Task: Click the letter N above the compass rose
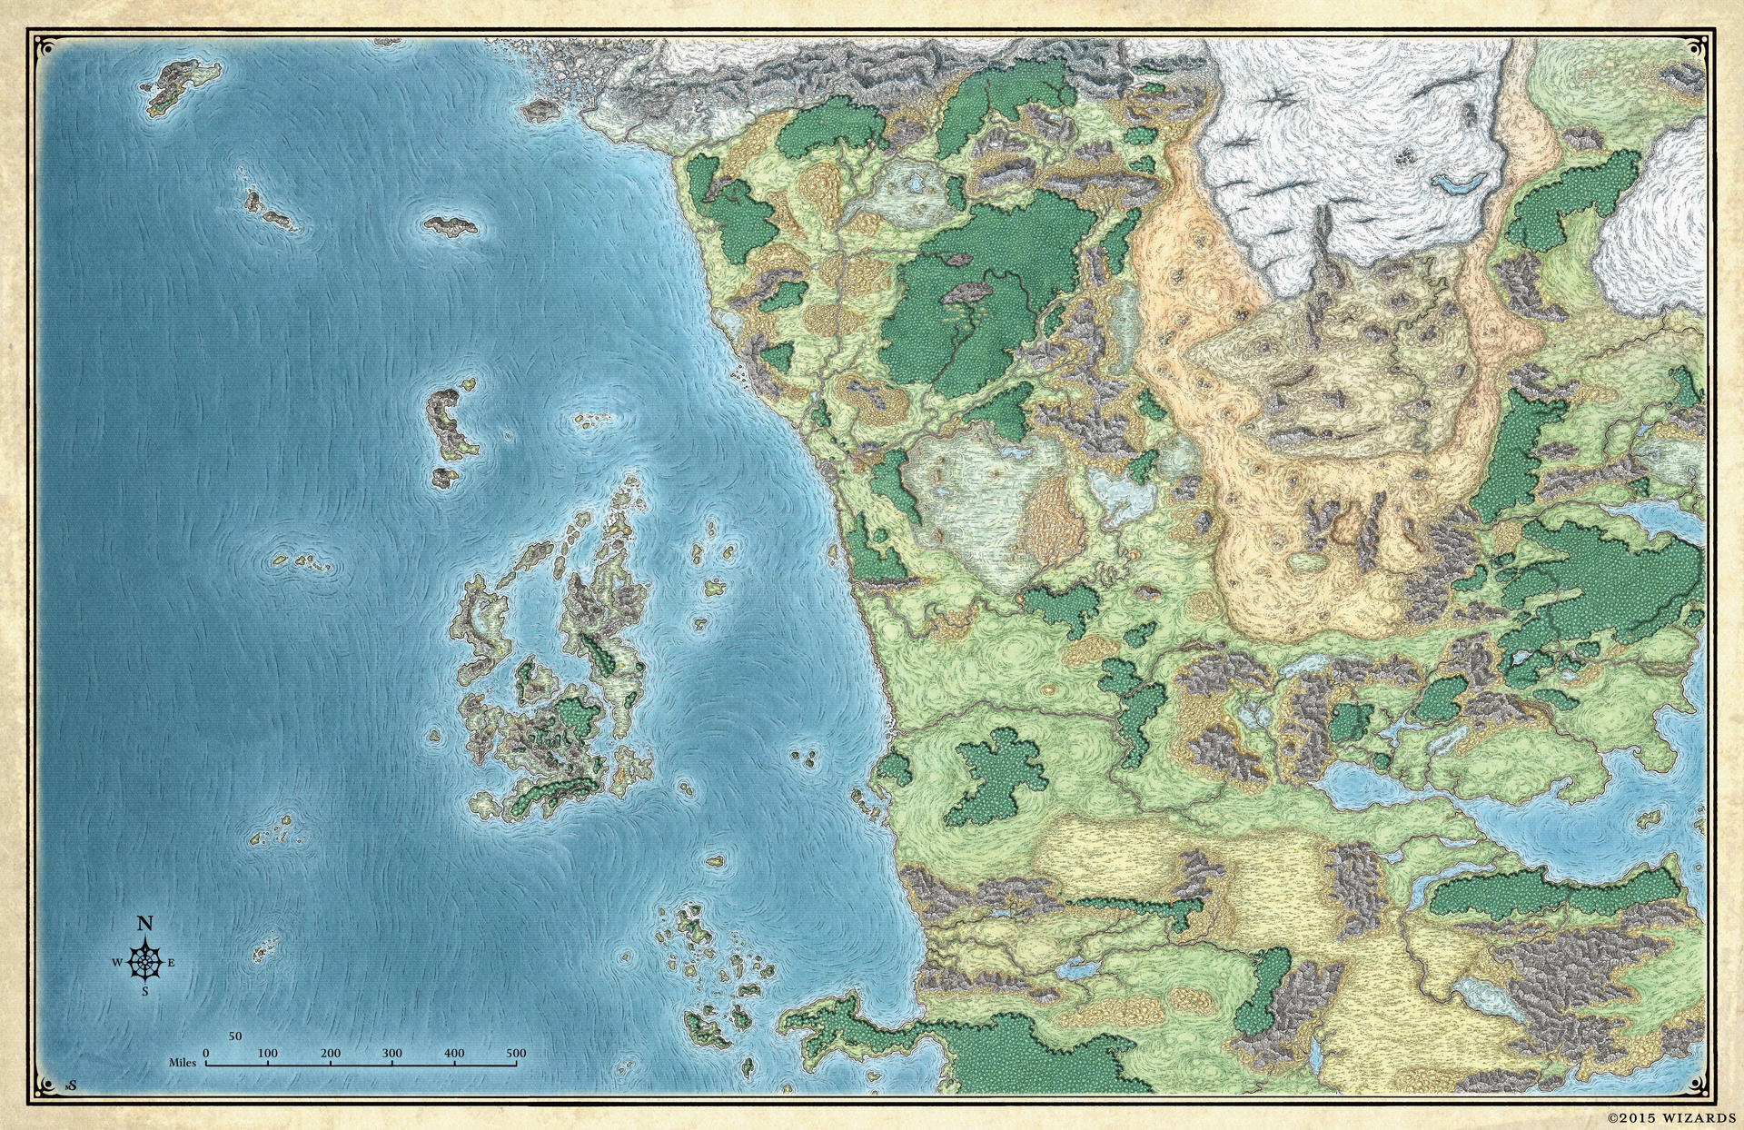[x=144, y=924]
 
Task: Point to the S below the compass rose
[x=144, y=992]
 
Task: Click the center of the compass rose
[x=144, y=961]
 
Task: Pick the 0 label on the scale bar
[x=206, y=1054]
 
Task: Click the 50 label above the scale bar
[x=235, y=1036]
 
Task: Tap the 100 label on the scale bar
[x=268, y=1054]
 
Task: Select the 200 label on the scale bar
[x=331, y=1054]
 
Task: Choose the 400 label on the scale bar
[x=454, y=1054]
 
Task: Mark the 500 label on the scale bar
[x=516, y=1054]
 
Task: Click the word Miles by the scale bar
[x=183, y=1062]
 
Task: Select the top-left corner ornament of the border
[x=40, y=42]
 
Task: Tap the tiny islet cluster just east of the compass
[x=264, y=952]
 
